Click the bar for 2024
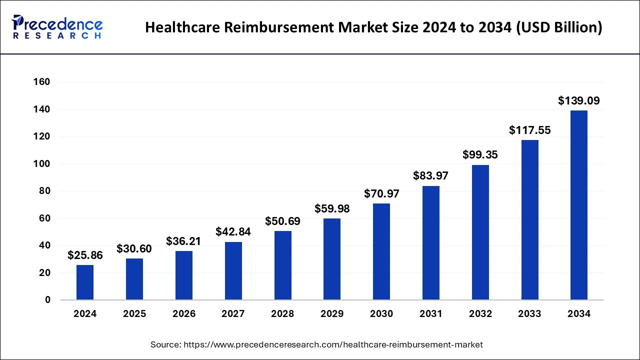pos(85,282)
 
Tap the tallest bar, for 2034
pos(579,205)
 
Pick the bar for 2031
pos(431,243)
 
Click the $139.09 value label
pos(579,101)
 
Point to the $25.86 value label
pos(85,255)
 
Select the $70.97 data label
pos(381,193)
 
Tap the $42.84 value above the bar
pos(233,232)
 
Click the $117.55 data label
pos(529,130)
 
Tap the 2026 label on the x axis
pos(184,314)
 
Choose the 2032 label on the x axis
pos(480,314)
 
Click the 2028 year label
pos(282,314)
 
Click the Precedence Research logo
pos(57,27)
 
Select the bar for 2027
pos(233,270)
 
